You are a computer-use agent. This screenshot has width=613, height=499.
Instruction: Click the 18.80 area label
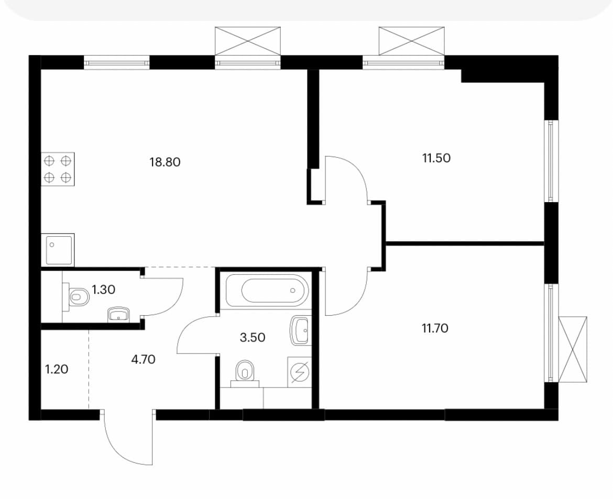(165, 162)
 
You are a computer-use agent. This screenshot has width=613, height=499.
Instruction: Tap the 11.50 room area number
(436, 158)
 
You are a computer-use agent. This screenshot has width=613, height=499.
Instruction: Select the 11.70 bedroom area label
(435, 329)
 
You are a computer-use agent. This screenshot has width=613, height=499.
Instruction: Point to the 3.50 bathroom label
(253, 337)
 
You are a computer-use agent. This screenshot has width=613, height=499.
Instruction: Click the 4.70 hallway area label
(143, 359)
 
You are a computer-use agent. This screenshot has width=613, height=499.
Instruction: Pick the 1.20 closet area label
(57, 369)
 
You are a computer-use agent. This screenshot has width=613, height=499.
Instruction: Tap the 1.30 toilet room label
(103, 290)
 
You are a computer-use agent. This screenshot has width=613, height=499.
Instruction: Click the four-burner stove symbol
(58, 169)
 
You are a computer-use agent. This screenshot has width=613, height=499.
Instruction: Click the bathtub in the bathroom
(275, 290)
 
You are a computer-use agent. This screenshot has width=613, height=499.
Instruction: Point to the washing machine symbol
(300, 372)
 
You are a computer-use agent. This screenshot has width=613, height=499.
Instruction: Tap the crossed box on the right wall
(573, 349)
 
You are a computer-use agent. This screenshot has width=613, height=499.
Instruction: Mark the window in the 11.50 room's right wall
(552, 161)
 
